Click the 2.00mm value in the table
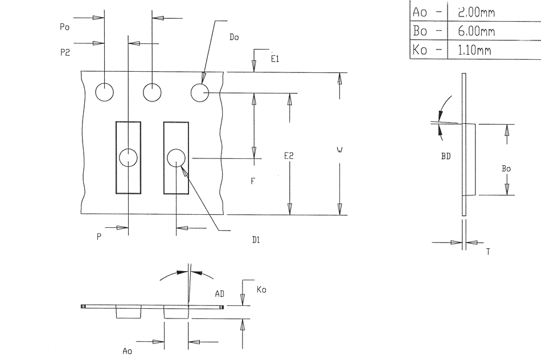[476, 11]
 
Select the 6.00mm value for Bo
[476, 31]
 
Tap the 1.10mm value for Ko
[474, 50]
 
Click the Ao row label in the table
[419, 11]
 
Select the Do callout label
[233, 37]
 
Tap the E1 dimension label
[274, 58]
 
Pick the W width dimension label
[339, 150]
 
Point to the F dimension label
[252, 182]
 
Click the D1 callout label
[256, 240]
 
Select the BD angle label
[446, 156]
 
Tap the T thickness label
[488, 251]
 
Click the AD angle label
[219, 293]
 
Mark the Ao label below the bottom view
[127, 351]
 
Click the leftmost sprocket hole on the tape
[105, 92]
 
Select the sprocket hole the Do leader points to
[200, 92]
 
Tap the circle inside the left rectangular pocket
[129, 157]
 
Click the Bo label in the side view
[506, 169]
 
